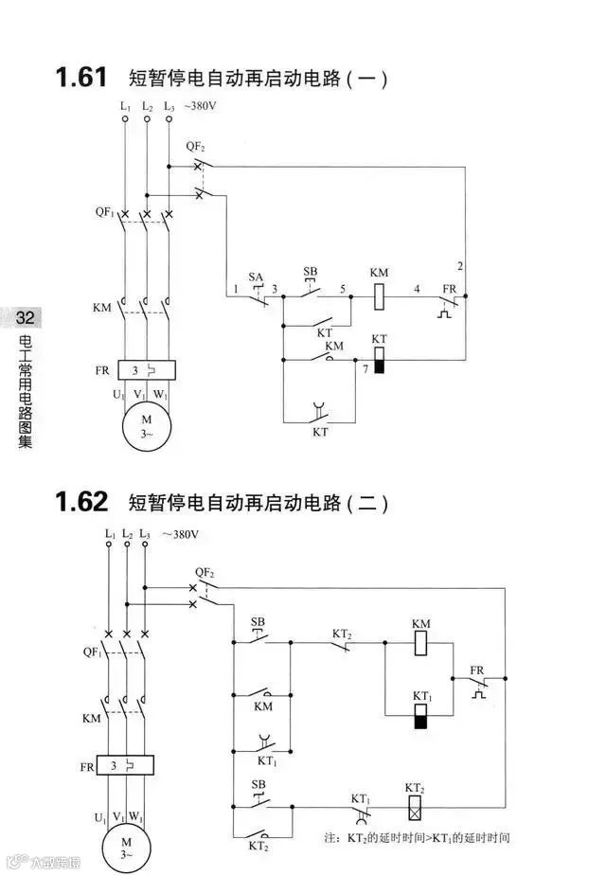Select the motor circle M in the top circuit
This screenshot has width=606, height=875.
point(146,426)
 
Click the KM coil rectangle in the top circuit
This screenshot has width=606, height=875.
point(379,295)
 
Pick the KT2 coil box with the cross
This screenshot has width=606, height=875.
point(414,808)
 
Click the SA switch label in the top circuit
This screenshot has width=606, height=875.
point(255,277)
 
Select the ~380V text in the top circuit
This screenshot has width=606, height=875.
point(202,107)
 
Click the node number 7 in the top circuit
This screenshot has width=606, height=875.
point(365,366)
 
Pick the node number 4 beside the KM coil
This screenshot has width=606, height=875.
point(416,288)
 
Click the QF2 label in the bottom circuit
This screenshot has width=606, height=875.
point(205,573)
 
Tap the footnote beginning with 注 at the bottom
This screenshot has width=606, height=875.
point(417,838)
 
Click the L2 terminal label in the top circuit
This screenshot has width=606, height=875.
point(147,107)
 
